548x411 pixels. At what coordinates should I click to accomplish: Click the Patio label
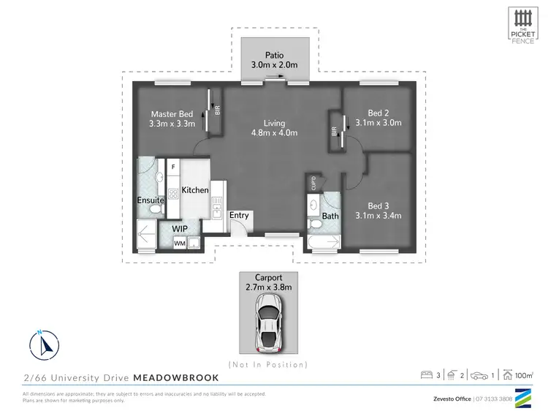[275, 54]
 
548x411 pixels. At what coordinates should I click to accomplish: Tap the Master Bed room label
[172, 114]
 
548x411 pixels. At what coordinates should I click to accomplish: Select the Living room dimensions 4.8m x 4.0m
[275, 133]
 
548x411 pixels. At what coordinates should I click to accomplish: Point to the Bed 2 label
[377, 113]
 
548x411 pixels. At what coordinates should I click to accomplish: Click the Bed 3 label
[377, 205]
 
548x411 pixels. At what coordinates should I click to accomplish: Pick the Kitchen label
[195, 190]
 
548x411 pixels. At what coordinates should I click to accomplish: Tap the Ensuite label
[150, 200]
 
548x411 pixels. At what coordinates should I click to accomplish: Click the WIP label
[180, 228]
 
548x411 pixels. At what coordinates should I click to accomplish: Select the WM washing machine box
[179, 244]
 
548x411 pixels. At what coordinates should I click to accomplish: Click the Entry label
[239, 215]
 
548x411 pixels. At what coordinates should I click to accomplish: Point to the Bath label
[330, 216]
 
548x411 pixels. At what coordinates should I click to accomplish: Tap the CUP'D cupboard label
[312, 182]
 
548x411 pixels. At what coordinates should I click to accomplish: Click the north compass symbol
[45, 343]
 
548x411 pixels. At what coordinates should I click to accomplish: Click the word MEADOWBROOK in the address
[175, 377]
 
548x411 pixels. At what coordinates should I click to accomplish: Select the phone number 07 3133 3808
[494, 399]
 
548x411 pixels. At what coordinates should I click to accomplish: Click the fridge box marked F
[173, 167]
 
